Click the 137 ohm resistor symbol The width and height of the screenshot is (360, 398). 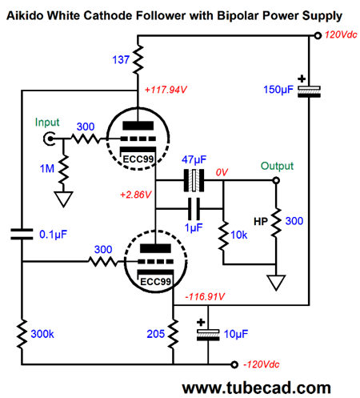pos(138,60)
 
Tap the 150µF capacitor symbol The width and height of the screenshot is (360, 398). pos(309,91)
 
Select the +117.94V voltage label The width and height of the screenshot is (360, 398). pos(166,90)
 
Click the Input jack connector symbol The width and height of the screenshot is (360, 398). pos(50,139)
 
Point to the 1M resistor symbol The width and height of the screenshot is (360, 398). pos(63,170)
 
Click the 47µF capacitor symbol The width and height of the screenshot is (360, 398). pos(194,180)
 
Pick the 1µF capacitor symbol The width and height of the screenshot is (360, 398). pos(194,208)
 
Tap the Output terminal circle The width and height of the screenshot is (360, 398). pos(276,180)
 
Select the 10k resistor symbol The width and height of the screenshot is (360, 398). pos(223,235)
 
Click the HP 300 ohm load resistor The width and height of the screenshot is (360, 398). pos(276,223)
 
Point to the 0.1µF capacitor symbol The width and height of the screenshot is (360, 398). pos(22,234)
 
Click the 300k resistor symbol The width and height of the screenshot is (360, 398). pos(22,334)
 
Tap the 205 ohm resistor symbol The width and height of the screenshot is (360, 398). pos(174,334)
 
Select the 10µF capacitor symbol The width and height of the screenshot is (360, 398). pos(208,335)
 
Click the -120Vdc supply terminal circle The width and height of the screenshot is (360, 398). pos(234,364)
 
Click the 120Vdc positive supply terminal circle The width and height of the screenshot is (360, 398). pos(318,35)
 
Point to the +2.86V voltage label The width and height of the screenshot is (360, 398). pos(136,195)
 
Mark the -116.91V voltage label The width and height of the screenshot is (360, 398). pos(205,296)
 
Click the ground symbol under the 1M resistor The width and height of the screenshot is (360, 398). pos(63,199)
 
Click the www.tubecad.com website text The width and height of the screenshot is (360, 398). pos(256,388)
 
